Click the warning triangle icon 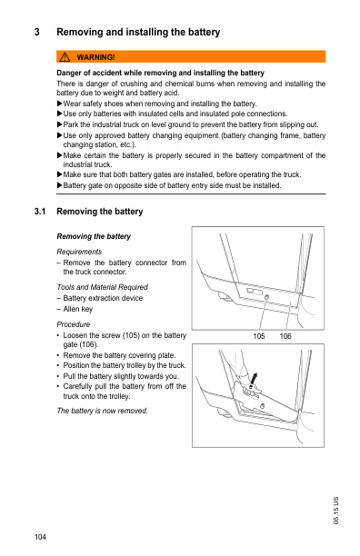(x=66, y=57)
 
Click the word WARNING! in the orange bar (x=96, y=57)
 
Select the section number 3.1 (x=39, y=212)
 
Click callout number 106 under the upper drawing (x=285, y=336)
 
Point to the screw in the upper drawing (x=265, y=297)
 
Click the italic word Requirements (x=79, y=251)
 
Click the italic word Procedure (x=74, y=323)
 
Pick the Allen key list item (x=80, y=308)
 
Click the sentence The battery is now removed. (x=102, y=411)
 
